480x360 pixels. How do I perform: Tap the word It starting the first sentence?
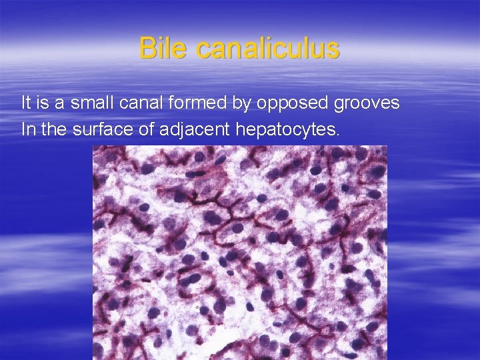pos(27,103)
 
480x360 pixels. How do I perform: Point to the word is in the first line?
pos(45,103)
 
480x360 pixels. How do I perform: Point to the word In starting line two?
pos(29,129)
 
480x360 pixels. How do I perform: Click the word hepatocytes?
pos(285,130)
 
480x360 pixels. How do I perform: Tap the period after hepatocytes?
pos(337,134)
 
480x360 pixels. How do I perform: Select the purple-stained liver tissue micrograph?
pos(239,252)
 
